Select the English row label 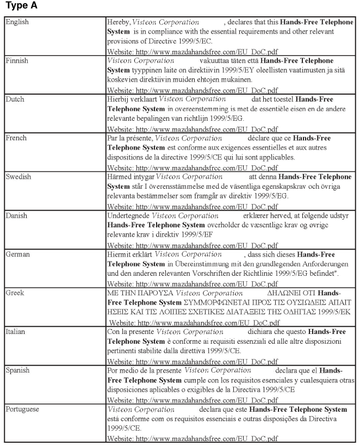click(17, 22)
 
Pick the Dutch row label click(15, 99)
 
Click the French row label click(16, 138)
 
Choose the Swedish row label click(18, 177)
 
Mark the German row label click(17, 254)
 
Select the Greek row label click(15, 293)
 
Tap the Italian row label click(16, 331)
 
